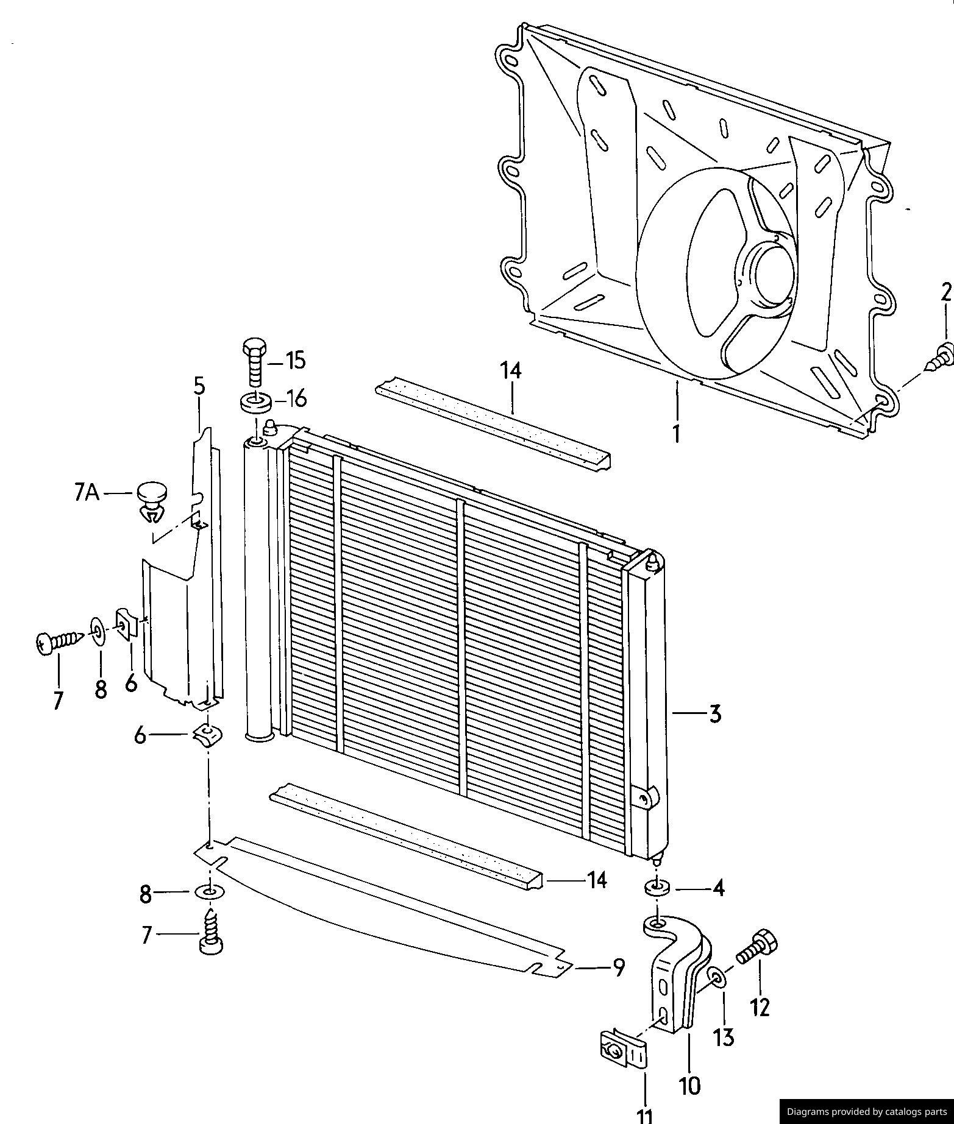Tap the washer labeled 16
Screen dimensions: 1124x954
coord(256,402)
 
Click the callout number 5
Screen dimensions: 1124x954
coord(200,386)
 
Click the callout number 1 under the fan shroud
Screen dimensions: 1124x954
coord(675,434)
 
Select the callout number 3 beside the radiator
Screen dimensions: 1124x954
coord(715,712)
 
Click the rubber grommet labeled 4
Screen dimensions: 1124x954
coord(657,889)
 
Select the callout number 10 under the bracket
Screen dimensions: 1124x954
coord(691,1085)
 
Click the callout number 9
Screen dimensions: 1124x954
coord(618,967)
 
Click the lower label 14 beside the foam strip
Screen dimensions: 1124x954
coord(596,880)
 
